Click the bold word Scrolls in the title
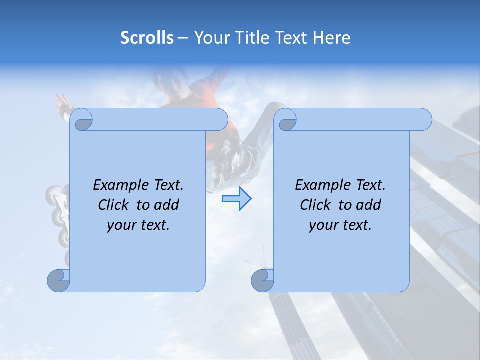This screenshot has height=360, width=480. click(147, 38)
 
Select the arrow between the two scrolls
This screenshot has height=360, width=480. click(236, 199)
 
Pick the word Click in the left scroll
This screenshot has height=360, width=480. click(115, 205)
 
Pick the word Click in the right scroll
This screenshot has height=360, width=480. click(317, 205)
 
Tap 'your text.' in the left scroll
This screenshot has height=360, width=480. click(138, 225)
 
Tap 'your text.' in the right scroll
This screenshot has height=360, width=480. click(340, 225)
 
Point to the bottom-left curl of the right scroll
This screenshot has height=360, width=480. click(262, 281)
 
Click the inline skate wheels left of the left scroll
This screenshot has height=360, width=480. click(57, 215)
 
